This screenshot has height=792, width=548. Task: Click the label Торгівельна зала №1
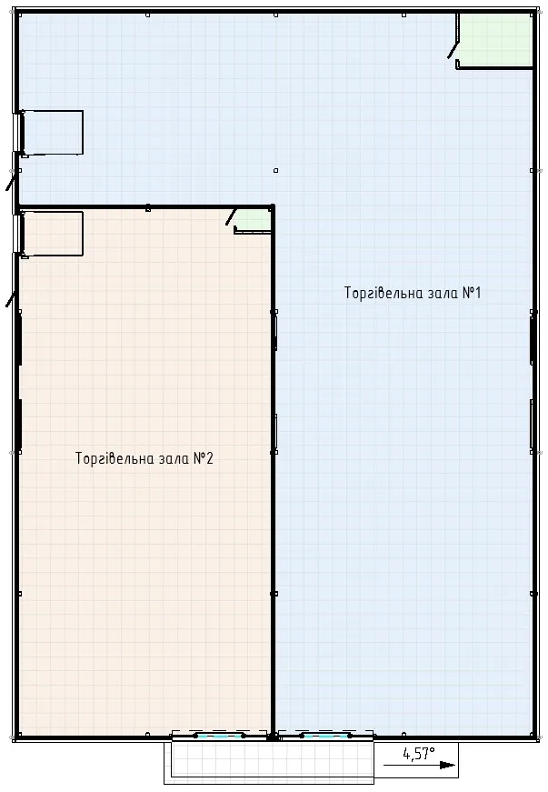413,293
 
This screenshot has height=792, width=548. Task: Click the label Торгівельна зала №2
144,458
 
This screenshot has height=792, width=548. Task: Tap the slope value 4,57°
419,754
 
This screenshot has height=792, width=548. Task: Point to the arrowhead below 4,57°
447,765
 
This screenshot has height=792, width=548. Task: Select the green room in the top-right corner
495,40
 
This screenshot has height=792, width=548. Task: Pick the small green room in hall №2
253,220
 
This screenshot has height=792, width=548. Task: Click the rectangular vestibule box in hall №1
53,133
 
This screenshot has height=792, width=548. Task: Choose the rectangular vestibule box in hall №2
53,234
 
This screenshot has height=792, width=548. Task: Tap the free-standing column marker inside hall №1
275,170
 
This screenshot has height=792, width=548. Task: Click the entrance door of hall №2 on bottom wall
220,736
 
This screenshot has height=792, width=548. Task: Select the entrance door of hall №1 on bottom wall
325,736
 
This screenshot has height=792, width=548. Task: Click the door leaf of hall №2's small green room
231,216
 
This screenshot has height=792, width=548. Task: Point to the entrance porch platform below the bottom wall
268,762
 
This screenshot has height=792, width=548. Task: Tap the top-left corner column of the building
18,15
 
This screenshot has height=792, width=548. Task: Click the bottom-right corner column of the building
533,735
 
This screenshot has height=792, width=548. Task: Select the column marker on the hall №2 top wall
148,207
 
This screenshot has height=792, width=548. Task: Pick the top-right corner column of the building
533,15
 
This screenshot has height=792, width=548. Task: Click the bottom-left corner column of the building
18,735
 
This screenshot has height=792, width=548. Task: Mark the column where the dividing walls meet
273,207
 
